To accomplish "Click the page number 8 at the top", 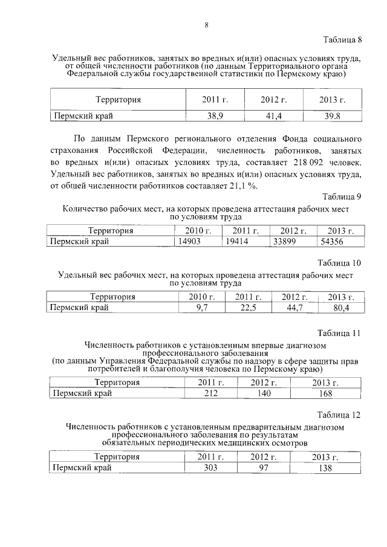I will (206, 25).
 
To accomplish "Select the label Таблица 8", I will (343, 40).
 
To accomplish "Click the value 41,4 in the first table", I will (273, 115).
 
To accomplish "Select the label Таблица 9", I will (343, 197).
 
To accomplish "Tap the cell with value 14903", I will (187, 241).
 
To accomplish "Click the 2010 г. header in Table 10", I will (202, 297).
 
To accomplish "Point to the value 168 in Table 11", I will (325, 393).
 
